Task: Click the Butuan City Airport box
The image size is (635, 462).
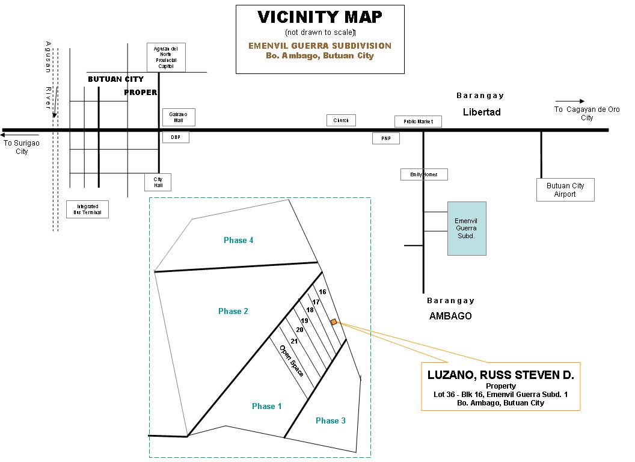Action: [x=565, y=189]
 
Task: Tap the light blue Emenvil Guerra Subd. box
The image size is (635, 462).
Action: [x=467, y=228]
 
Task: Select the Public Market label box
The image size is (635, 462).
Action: [x=418, y=122]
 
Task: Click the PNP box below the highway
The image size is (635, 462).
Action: [x=385, y=138]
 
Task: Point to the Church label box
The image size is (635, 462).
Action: [x=341, y=120]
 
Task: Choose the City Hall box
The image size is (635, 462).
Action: [x=158, y=182]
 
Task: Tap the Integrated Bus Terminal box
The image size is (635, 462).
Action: [x=87, y=209]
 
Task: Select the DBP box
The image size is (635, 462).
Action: [x=176, y=137]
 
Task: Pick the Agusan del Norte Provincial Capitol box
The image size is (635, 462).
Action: [x=166, y=57]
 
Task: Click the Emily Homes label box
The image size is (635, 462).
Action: [x=424, y=174]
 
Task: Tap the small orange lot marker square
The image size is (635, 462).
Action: [x=334, y=322]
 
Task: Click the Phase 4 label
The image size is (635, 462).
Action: [x=238, y=240]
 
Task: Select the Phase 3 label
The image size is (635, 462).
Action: [x=330, y=420]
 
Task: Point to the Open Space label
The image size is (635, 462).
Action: [x=292, y=360]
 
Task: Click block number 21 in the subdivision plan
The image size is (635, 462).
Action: [x=294, y=341]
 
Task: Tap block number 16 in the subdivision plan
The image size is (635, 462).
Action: [x=322, y=292]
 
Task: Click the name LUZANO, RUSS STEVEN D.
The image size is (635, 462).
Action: [x=500, y=375]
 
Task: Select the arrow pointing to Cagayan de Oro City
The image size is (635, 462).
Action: [x=569, y=101]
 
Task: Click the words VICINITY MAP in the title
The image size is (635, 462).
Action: [x=320, y=17]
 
